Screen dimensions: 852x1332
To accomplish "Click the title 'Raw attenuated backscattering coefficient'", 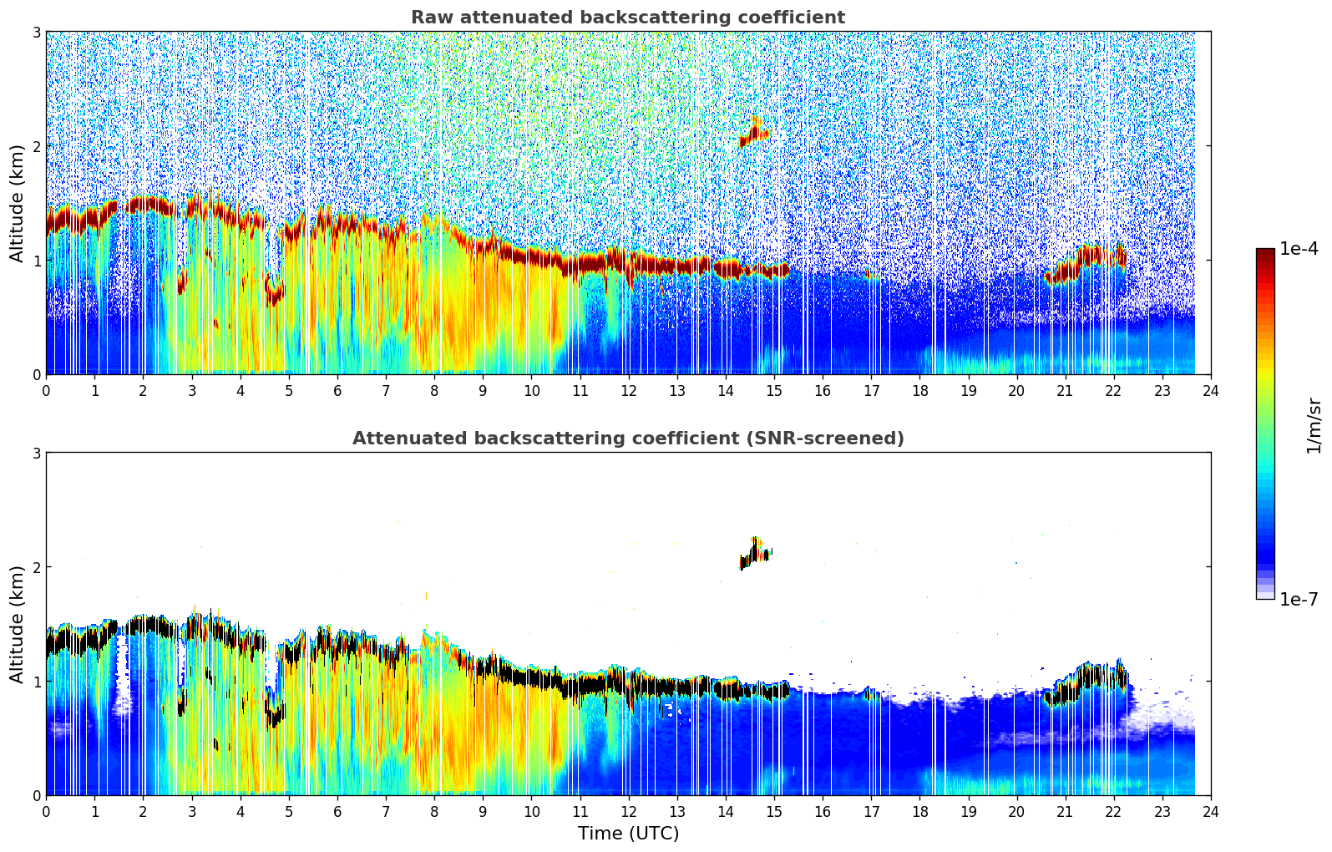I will (x=627, y=18).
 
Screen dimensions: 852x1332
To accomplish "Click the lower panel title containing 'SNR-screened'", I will (x=627, y=439).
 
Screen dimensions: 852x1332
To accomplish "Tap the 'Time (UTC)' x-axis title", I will (x=628, y=833).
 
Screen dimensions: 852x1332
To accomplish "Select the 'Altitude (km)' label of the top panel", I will (x=17, y=203).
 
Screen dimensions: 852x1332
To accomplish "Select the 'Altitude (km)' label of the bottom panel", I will (x=17, y=624).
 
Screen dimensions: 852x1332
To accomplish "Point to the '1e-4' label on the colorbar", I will (x=1299, y=249).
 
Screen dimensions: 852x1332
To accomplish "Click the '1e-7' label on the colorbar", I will (x=1299, y=599).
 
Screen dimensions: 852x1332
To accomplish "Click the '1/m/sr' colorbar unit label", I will (x=1314, y=425).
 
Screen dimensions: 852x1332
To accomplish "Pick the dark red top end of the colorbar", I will (x=1265, y=252).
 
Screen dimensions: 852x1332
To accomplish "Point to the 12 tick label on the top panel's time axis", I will (x=628, y=390).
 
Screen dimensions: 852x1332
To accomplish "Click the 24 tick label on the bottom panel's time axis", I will (x=1211, y=811).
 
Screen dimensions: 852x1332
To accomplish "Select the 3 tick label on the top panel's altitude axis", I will (x=36, y=32).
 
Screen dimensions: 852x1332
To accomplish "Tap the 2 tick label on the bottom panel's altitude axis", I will (x=36, y=567).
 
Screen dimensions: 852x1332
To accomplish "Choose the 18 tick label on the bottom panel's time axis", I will (x=919, y=811).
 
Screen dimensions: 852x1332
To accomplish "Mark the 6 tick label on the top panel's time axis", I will (x=337, y=390).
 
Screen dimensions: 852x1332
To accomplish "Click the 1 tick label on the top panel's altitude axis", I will (x=36, y=261).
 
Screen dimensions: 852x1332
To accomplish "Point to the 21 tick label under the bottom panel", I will (x=1065, y=811).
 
